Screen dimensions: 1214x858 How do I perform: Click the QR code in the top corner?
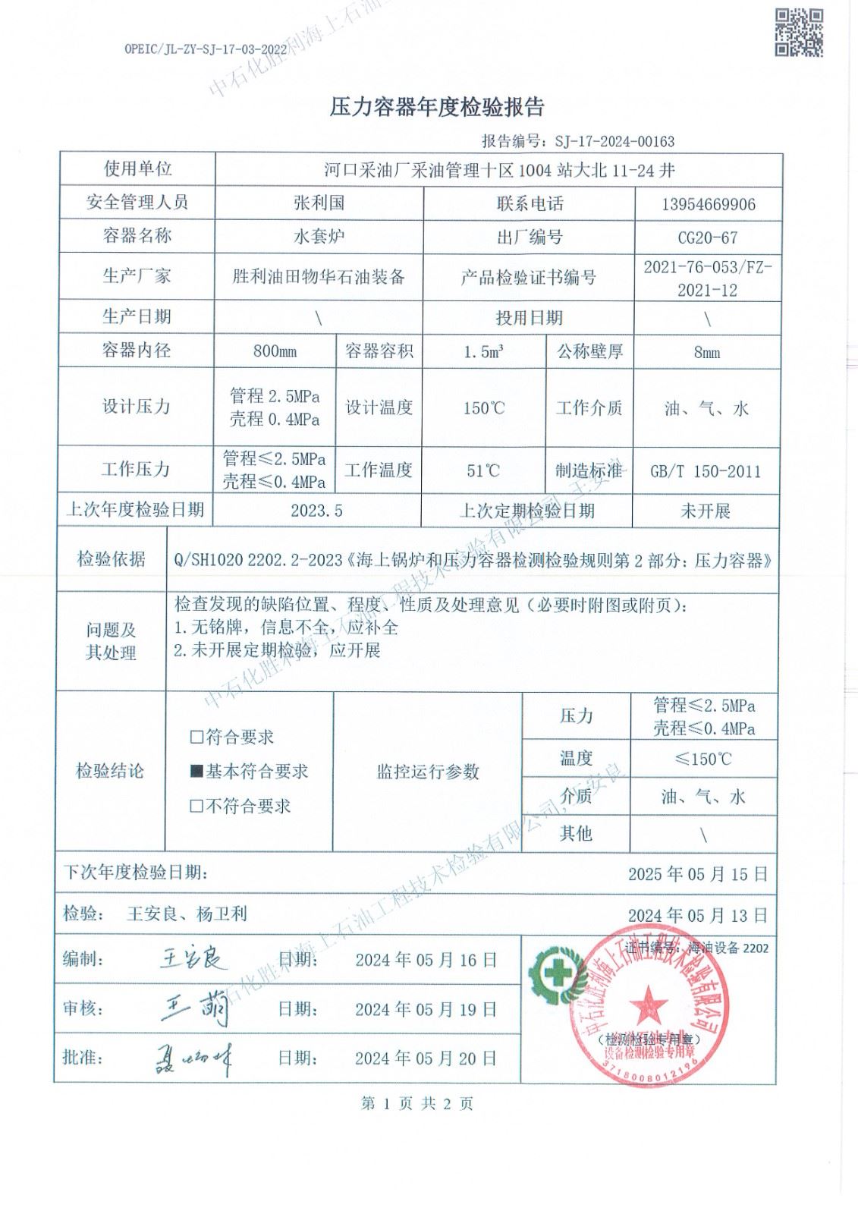[798, 32]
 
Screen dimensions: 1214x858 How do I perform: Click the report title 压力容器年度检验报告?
[437, 108]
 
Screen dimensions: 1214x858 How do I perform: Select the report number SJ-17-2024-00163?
[614, 141]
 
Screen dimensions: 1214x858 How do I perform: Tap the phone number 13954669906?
[709, 204]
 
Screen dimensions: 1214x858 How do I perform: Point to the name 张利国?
[319, 203]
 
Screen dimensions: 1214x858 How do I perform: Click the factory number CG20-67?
[707, 237]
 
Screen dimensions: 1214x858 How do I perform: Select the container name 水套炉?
[319, 237]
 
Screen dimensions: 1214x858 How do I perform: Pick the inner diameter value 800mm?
[275, 351]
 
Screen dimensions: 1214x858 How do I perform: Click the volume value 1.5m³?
[483, 352]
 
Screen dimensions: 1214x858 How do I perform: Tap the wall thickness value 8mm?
[707, 352]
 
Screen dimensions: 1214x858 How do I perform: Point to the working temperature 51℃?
[483, 470]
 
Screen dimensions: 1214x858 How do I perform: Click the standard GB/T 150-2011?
[706, 471]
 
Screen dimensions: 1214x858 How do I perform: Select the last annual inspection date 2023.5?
[316, 511]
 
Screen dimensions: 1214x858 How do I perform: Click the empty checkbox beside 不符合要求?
[196, 807]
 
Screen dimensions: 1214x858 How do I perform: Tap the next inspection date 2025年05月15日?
[698, 874]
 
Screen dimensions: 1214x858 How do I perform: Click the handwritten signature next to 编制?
[193, 959]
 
